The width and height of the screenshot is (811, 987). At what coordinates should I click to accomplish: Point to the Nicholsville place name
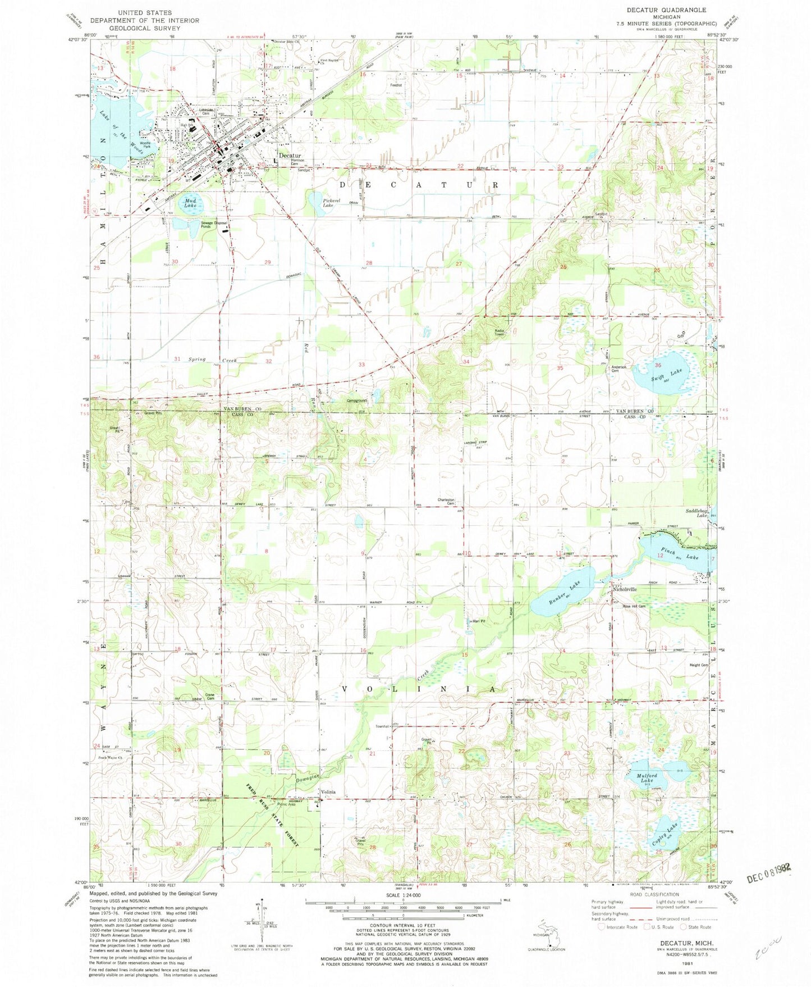point(624,589)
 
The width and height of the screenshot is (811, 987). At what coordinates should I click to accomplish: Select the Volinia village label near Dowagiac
point(328,792)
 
